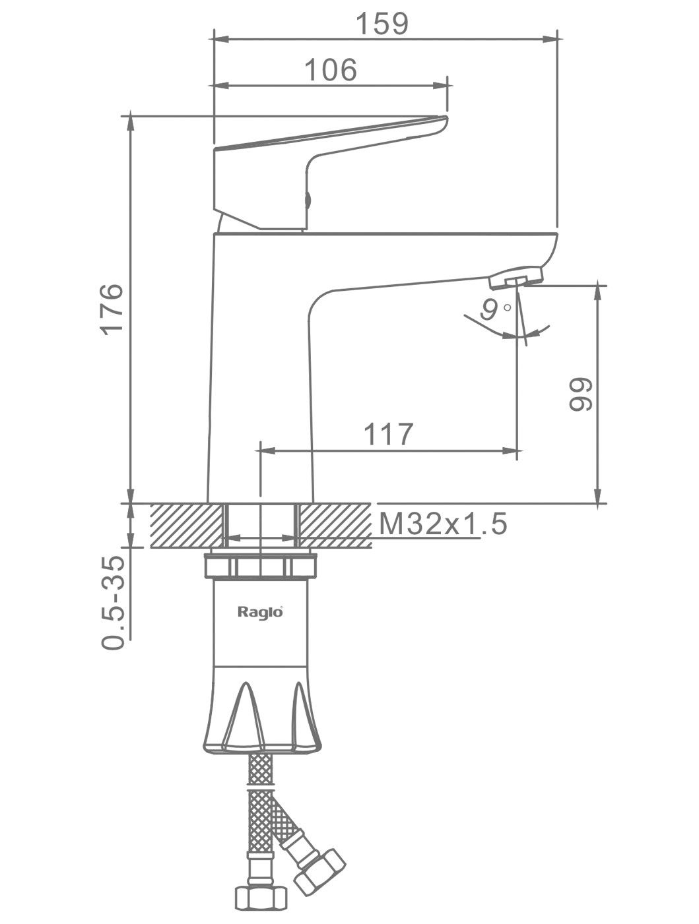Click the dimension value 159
382,24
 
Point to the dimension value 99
580,394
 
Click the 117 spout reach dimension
388,434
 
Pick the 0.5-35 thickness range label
113,603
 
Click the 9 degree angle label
494,310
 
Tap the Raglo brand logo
260,611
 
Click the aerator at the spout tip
516,278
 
